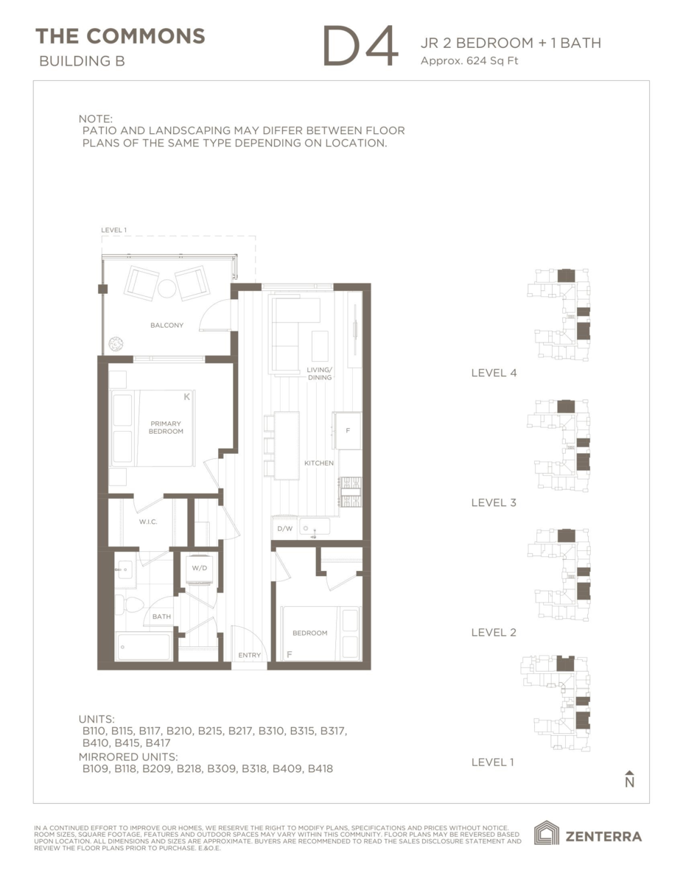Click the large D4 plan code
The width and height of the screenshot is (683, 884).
point(360,47)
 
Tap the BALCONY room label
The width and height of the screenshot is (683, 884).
point(167,325)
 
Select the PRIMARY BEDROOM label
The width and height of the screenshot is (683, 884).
point(167,427)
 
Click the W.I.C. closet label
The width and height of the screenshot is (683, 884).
point(148,522)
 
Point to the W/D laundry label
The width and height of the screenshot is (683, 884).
point(199,568)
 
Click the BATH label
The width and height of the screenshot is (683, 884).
point(161,617)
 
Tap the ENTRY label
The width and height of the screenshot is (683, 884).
point(248,655)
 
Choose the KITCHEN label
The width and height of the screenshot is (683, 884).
point(319,463)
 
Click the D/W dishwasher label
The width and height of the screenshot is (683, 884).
point(284,529)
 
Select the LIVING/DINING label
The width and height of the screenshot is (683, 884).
point(320,373)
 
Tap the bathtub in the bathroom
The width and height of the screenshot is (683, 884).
point(144,646)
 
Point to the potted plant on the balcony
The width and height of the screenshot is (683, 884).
point(116,344)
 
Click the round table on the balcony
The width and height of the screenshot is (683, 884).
point(167,287)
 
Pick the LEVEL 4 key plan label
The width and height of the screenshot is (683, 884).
point(494,373)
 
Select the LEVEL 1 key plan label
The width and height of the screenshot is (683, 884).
point(492,762)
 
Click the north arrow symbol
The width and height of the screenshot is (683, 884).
point(628,779)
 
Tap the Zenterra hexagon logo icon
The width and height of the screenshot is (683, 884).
point(546,834)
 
